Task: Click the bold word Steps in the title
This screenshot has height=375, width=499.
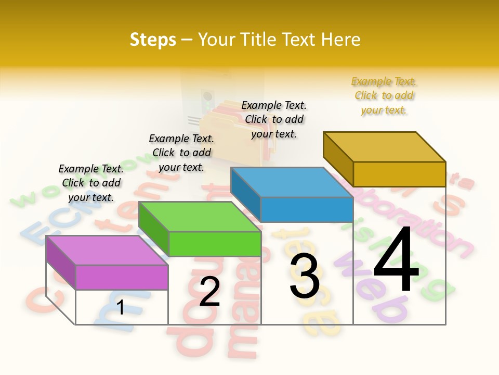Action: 153,40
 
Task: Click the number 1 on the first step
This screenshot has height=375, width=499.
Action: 121,308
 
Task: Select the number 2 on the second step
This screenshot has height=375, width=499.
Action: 209,292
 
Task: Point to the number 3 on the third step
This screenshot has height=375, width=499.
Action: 305,276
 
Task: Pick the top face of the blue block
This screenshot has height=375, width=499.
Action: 292,182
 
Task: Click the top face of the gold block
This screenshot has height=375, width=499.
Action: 385,146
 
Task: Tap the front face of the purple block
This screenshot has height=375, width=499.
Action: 122,277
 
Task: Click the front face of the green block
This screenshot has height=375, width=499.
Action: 215,244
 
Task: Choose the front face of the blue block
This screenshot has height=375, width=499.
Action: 307,209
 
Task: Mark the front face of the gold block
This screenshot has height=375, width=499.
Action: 399,174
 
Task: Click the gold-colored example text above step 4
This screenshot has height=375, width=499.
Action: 384,96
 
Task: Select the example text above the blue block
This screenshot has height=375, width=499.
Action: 274,119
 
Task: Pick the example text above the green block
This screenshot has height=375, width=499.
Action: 181,153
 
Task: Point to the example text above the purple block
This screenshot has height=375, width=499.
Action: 91,183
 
